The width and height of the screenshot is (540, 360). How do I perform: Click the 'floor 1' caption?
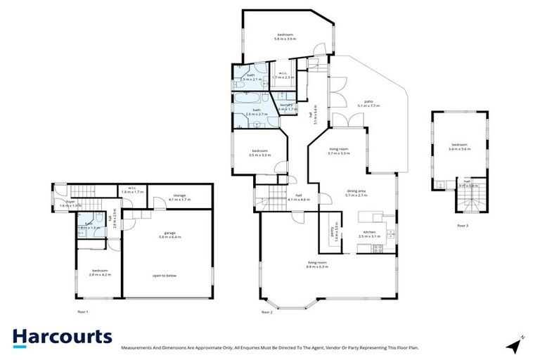click(82, 310)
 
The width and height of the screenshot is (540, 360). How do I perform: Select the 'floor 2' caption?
click(266, 311)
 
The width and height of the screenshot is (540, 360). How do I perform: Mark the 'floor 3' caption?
click(462, 226)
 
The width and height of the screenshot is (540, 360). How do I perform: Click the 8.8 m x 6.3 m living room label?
click(318, 264)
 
